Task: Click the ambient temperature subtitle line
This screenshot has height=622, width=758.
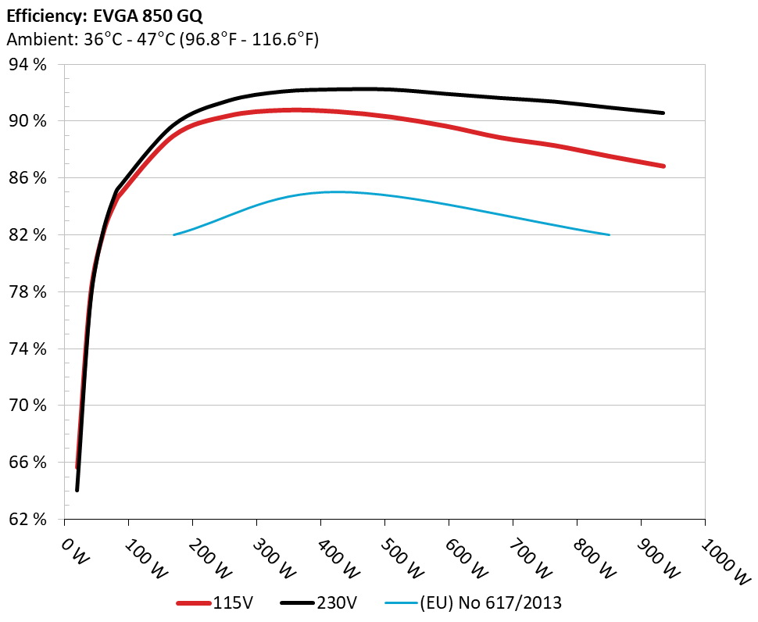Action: [x=162, y=39]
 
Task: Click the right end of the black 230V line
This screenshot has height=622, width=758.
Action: [x=663, y=113]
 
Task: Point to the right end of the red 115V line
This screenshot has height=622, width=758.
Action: [x=663, y=166]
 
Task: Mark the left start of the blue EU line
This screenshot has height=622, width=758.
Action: [x=174, y=234]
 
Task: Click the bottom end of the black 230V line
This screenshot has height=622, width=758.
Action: [x=77, y=490]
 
